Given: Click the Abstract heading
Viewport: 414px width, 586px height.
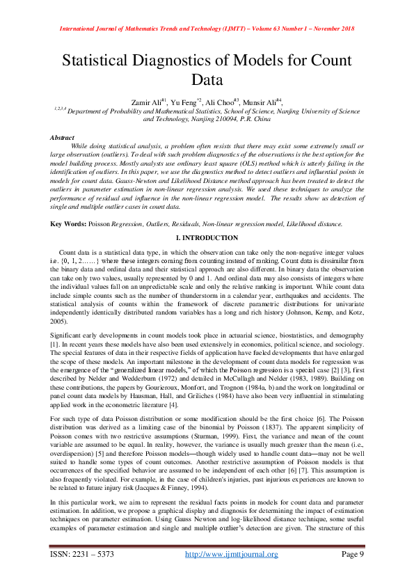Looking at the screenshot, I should (63, 138).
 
